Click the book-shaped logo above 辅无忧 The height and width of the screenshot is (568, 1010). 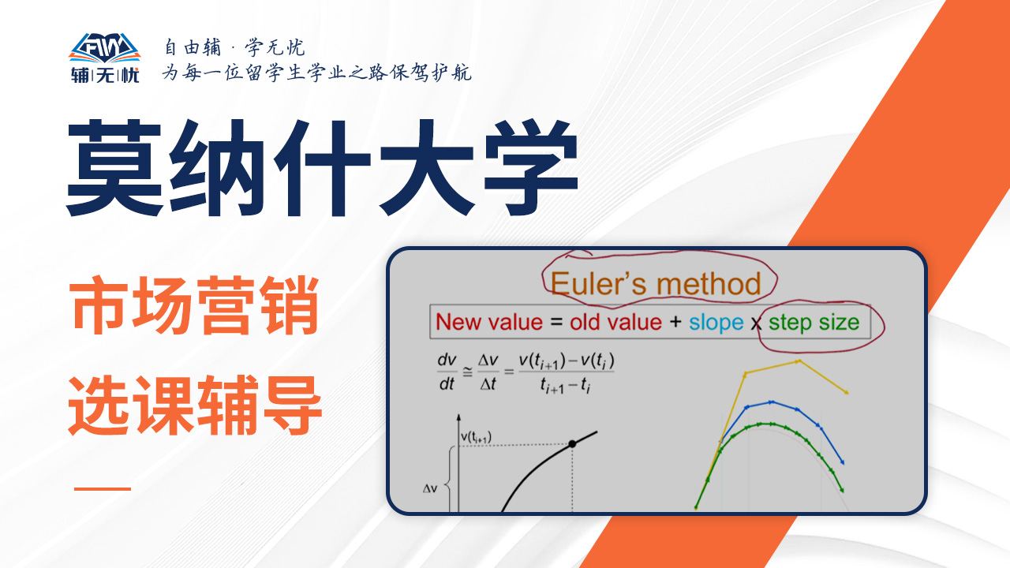105,48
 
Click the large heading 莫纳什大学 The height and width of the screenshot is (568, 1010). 323,168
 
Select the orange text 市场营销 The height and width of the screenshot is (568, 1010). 194,306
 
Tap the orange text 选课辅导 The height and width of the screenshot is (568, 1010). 195,405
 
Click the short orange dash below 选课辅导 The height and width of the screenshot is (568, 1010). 103,488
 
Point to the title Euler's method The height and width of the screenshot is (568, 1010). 656,284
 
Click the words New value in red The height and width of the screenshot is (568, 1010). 489,323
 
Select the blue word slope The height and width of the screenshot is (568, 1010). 716,323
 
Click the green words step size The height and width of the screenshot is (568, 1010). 814,323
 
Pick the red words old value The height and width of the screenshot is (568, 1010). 615,323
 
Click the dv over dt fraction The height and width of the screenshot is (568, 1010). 447,372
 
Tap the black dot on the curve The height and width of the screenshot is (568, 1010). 572,444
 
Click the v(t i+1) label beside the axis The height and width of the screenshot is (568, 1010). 476,437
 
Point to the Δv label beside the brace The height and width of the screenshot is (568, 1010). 430,488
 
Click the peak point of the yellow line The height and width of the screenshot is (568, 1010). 799,361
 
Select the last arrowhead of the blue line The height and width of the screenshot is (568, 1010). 842,462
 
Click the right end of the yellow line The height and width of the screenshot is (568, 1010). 847,393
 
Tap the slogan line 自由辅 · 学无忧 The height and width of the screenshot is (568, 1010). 234,47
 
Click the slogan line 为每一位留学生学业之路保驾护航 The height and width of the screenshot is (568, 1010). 317,72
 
